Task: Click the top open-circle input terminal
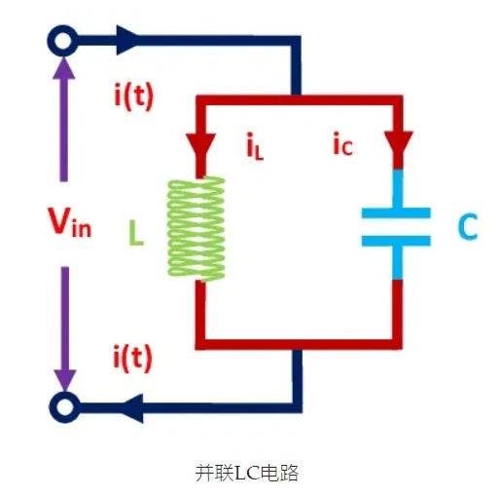coord(62,41)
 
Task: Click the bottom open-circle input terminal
coord(64,407)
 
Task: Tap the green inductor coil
coord(197,229)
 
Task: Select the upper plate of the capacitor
coord(396,212)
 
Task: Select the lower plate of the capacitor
coord(396,241)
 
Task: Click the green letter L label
coord(136,233)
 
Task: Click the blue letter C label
coord(468,227)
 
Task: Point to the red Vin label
coord(70,222)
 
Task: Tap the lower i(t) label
coord(132,358)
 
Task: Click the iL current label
coord(255,146)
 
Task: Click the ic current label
coord(342,144)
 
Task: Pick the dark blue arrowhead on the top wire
coord(127,40)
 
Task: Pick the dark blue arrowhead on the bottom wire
coord(132,408)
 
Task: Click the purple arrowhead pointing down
coord(65,380)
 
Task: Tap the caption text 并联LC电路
coord(247,473)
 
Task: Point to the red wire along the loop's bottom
coord(299,344)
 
